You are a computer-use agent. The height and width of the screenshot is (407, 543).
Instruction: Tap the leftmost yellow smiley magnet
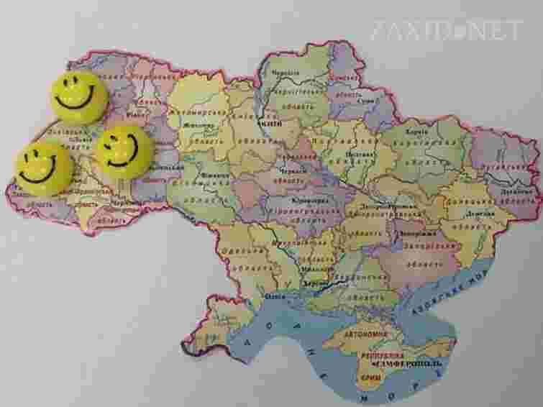(x=42, y=168)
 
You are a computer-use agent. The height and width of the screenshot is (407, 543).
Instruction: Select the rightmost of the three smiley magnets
(x=124, y=150)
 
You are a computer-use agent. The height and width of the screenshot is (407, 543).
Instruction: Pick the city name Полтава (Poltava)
(x=357, y=154)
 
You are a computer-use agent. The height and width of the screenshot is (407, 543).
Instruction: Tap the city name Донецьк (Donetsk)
(x=478, y=214)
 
